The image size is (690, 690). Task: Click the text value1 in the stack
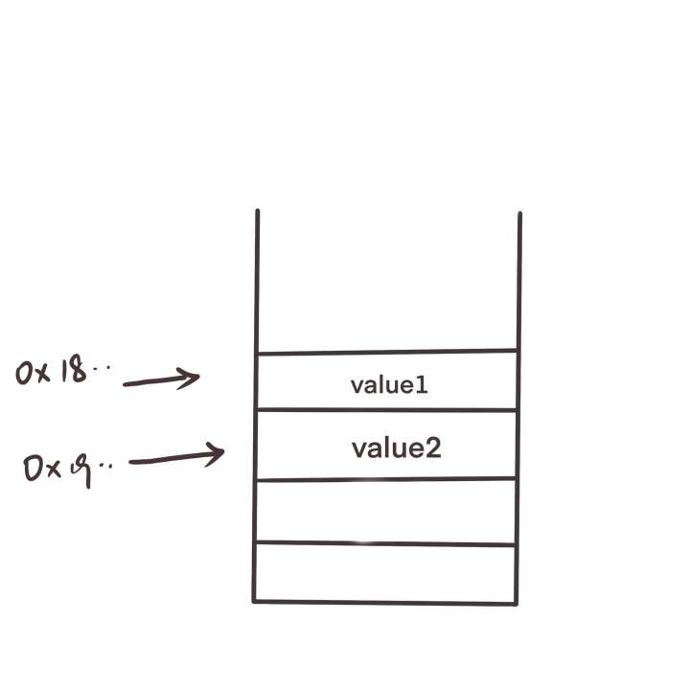click(x=388, y=385)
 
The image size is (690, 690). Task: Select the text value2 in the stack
click(x=396, y=448)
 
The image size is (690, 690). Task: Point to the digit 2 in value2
click(x=432, y=448)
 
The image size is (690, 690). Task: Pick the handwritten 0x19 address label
click(x=67, y=468)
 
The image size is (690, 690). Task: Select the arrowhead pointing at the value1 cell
click(x=192, y=379)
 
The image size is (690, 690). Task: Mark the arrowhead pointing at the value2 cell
click(x=216, y=452)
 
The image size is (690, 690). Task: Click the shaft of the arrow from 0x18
click(x=153, y=382)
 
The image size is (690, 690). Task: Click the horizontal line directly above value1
click(x=387, y=352)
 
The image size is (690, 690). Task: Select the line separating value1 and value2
click(x=387, y=410)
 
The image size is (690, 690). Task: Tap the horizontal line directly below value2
click(x=387, y=478)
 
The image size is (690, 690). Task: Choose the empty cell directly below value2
click(x=387, y=511)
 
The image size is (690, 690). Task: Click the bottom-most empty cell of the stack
click(x=387, y=573)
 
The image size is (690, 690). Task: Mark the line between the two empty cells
click(x=387, y=543)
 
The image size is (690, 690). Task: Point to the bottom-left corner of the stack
click(x=255, y=601)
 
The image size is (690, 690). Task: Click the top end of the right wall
click(x=519, y=215)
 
